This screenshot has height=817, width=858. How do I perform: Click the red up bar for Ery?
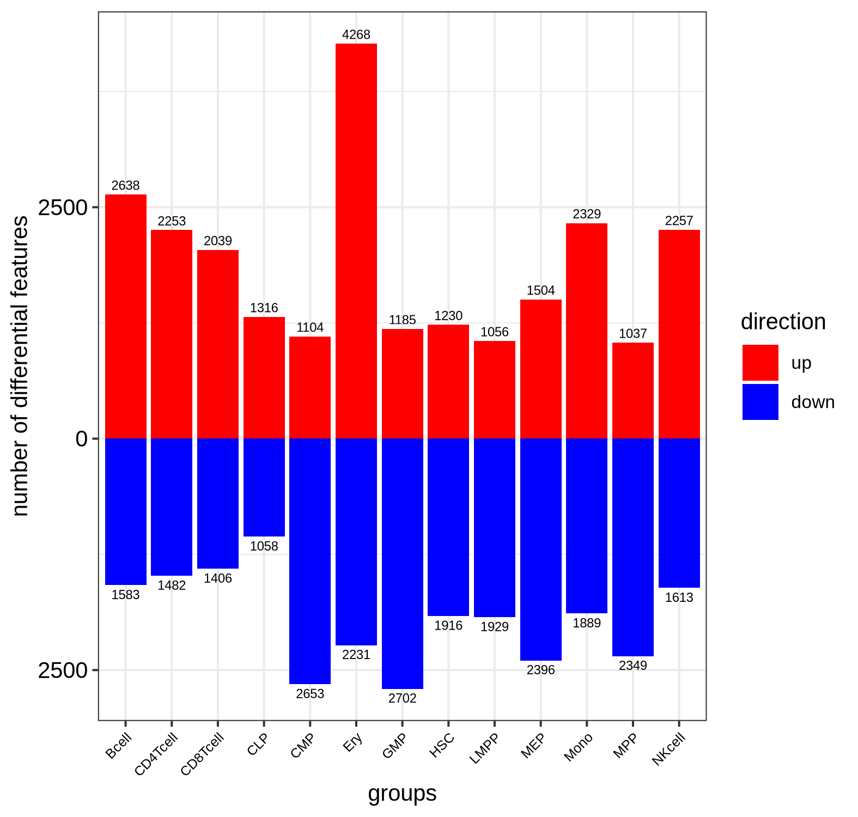coord(356,241)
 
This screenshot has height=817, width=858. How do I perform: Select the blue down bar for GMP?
coord(402,563)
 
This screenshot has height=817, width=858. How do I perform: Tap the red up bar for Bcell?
coord(125,316)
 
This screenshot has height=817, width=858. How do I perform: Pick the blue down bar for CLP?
coord(264,487)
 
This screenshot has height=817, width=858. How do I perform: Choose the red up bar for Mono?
coord(586,331)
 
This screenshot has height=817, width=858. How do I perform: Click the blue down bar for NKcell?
coord(679,513)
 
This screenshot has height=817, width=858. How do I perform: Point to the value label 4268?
coord(356,35)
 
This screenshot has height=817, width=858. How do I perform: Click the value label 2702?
coord(402,698)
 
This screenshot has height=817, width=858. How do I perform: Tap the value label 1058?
coord(264,546)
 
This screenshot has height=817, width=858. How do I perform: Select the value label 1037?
coord(632,333)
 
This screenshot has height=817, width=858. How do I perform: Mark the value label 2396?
coord(540,670)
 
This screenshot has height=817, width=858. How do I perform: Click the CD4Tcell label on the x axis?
coord(156,754)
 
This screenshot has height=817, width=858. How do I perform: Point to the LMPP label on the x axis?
coord(484,749)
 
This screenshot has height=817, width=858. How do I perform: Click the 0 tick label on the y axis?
coord(82,438)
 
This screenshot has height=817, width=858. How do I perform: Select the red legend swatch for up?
coord(760,363)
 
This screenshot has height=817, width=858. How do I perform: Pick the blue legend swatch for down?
coord(760,402)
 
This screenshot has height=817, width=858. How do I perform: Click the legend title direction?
coord(783,322)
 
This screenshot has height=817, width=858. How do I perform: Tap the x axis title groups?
coord(402,794)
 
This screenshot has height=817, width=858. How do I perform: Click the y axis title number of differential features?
coord(20,365)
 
